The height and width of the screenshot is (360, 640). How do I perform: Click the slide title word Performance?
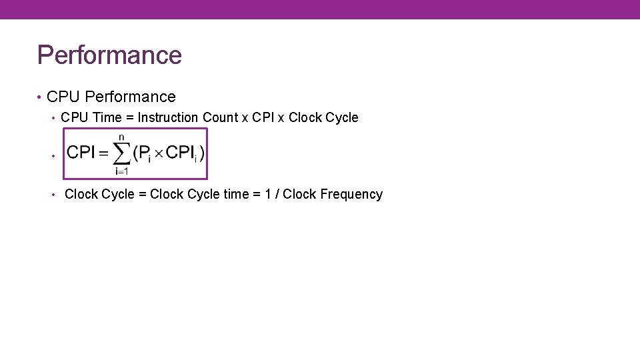pos(109,55)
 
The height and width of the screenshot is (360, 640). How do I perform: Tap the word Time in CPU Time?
pos(107,117)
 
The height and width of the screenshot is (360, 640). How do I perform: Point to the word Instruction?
pos(168,117)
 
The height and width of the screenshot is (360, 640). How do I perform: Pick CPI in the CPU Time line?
pos(263,117)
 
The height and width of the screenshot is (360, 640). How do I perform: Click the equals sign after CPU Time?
pos(130,118)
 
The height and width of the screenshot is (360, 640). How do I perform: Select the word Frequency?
pos(351,194)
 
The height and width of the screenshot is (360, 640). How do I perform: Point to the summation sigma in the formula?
pos(121,154)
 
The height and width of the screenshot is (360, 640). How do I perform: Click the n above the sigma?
pos(121,137)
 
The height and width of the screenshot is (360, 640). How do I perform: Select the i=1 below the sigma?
pos(121,171)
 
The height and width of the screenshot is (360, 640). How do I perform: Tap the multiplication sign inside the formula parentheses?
pos(159,153)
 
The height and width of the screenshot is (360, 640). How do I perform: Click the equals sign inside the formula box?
pos(103,153)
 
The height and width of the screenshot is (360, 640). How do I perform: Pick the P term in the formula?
pos(145,153)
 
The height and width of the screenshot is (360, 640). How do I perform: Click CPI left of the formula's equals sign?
pos(81,153)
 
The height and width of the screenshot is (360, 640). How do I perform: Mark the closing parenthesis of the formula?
pos(201,153)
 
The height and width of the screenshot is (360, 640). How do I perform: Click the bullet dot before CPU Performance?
pos(41,98)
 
